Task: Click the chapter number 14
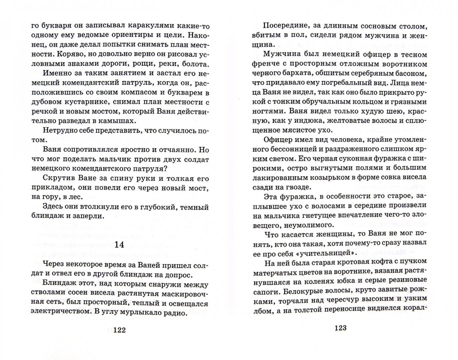pos(119,245)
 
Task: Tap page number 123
pos(340,328)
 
